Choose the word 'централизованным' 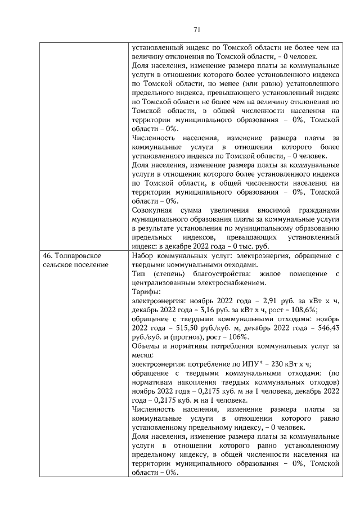click(163, 283)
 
